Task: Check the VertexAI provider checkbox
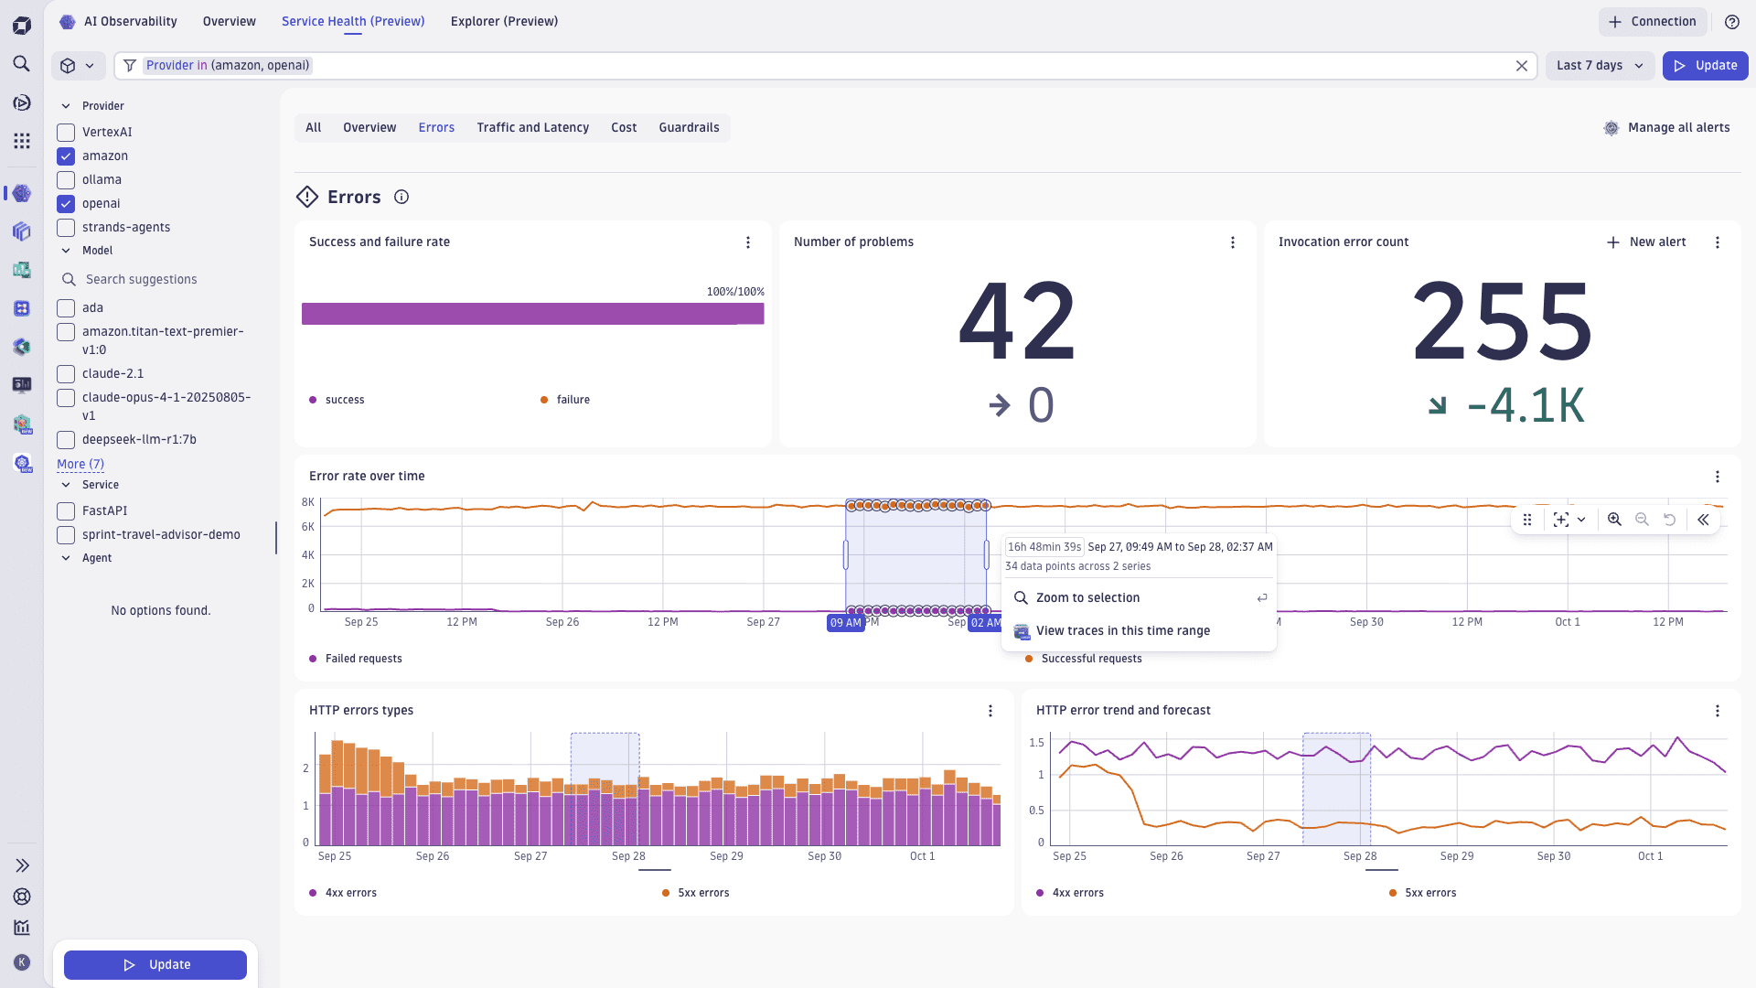point(66,133)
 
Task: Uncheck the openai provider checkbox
point(66,204)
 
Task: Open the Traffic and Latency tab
point(532,128)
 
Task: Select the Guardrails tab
point(689,128)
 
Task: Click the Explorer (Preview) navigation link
point(504,21)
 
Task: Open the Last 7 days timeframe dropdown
point(1600,66)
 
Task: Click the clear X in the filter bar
point(1522,66)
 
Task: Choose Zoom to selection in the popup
point(1087,598)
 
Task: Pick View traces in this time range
point(1122,631)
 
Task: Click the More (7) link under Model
point(80,465)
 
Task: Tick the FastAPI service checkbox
point(66,511)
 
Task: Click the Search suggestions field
point(142,280)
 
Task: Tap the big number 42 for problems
point(1017,322)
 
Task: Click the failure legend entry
point(573,400)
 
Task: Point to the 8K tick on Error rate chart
point(308,502)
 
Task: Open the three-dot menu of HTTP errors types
point(990,711)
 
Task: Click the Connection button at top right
point(1652,22)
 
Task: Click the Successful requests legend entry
point(1090,659)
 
